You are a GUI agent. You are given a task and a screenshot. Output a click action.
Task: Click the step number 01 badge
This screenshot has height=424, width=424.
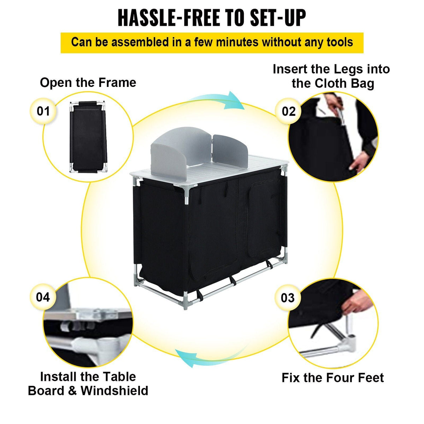pos(43,111)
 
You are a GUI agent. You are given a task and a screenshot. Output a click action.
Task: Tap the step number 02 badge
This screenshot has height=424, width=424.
pos(288,111)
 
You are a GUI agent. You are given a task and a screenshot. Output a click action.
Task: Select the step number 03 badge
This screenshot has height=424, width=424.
pos(288,298)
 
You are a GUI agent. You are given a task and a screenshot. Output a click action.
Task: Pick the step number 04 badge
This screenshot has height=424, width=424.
pos(43,297)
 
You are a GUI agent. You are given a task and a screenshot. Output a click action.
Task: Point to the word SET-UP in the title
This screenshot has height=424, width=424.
pos(278,18)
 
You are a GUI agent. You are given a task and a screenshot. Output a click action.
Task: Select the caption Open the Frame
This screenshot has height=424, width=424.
pos(88,83)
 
